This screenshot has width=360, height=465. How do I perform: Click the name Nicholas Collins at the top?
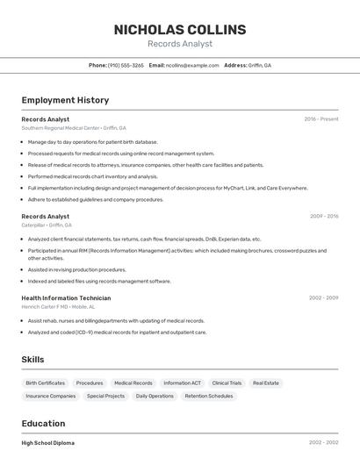pos(179,29)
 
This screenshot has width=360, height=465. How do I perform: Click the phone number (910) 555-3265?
pos(126,65)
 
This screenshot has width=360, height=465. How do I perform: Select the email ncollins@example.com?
pos(192,65)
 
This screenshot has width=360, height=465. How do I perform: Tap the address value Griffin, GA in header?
pos(260,65)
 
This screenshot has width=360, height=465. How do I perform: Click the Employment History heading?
pos(65,100)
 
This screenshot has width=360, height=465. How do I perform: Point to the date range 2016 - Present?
pos(320,118)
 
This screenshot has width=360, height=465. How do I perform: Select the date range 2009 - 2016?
pos(323,216)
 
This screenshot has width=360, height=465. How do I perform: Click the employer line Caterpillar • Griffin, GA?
pos(47,225)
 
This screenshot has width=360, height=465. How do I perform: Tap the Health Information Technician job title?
pos(66,298)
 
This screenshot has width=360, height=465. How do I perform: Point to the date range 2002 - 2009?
pos(323,298)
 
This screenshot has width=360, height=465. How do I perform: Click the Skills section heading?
pos(32,360)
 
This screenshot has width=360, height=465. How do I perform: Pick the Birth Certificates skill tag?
pos(45,383)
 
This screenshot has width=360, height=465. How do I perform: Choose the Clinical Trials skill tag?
pos(227,383)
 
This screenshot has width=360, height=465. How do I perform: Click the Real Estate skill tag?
pos(265,383)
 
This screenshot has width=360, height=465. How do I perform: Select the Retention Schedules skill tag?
pos(209,397)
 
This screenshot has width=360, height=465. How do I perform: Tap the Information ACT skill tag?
pos(182,383)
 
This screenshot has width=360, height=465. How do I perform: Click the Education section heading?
pos(43,423)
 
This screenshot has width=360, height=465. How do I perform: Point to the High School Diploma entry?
pos(47,443)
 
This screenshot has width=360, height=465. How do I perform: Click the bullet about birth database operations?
pos(92,141)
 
